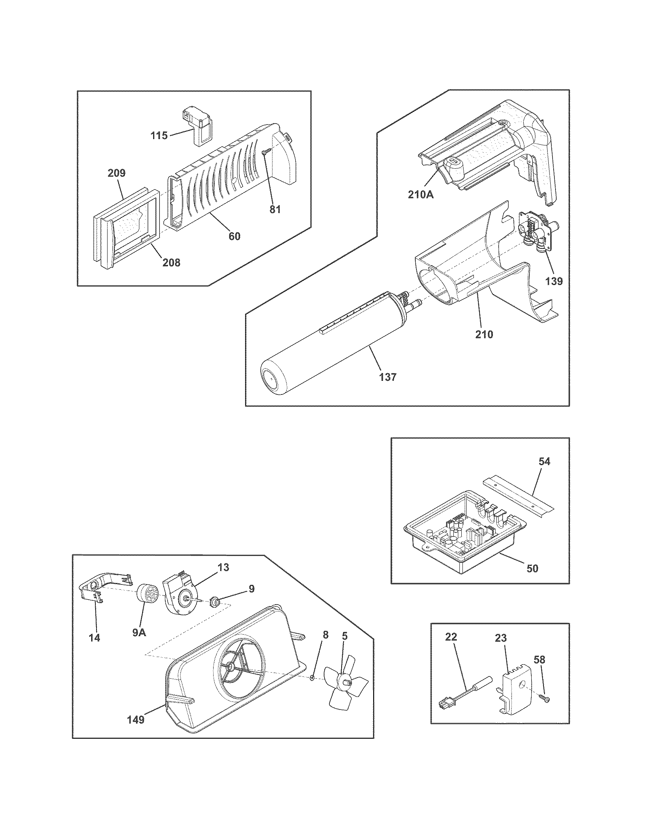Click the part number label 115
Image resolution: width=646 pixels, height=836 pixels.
159,136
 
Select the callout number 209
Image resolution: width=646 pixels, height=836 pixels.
116,173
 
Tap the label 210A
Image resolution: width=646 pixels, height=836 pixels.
420,195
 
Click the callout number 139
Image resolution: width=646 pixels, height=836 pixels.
554,281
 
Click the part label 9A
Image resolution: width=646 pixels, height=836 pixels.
139,632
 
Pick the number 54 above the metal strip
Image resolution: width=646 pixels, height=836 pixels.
544,462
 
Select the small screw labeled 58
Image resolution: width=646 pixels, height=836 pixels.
546,699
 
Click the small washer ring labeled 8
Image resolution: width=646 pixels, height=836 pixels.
312,678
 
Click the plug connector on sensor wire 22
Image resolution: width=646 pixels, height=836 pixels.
446,703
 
